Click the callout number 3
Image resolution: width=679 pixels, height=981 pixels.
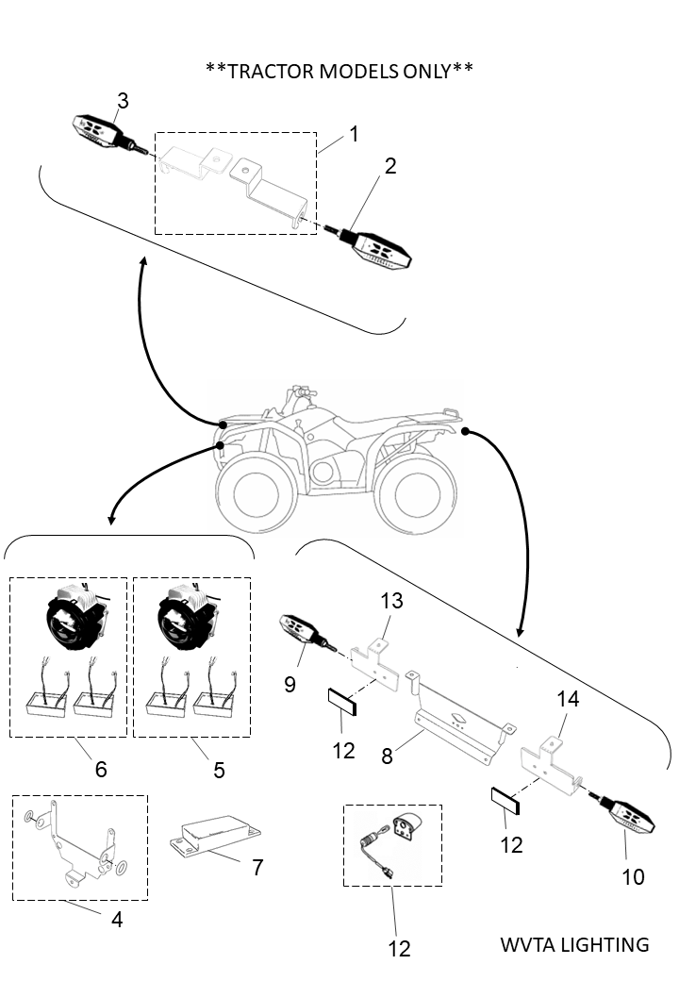point(122,101)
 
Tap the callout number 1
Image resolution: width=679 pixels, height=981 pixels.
point(354,134)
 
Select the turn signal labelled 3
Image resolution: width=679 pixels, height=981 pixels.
point(97,129)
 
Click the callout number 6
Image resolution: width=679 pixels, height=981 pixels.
point(100,769)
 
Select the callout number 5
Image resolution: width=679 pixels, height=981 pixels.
point(219,770)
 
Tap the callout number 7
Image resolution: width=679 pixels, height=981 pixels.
point(257,867)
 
